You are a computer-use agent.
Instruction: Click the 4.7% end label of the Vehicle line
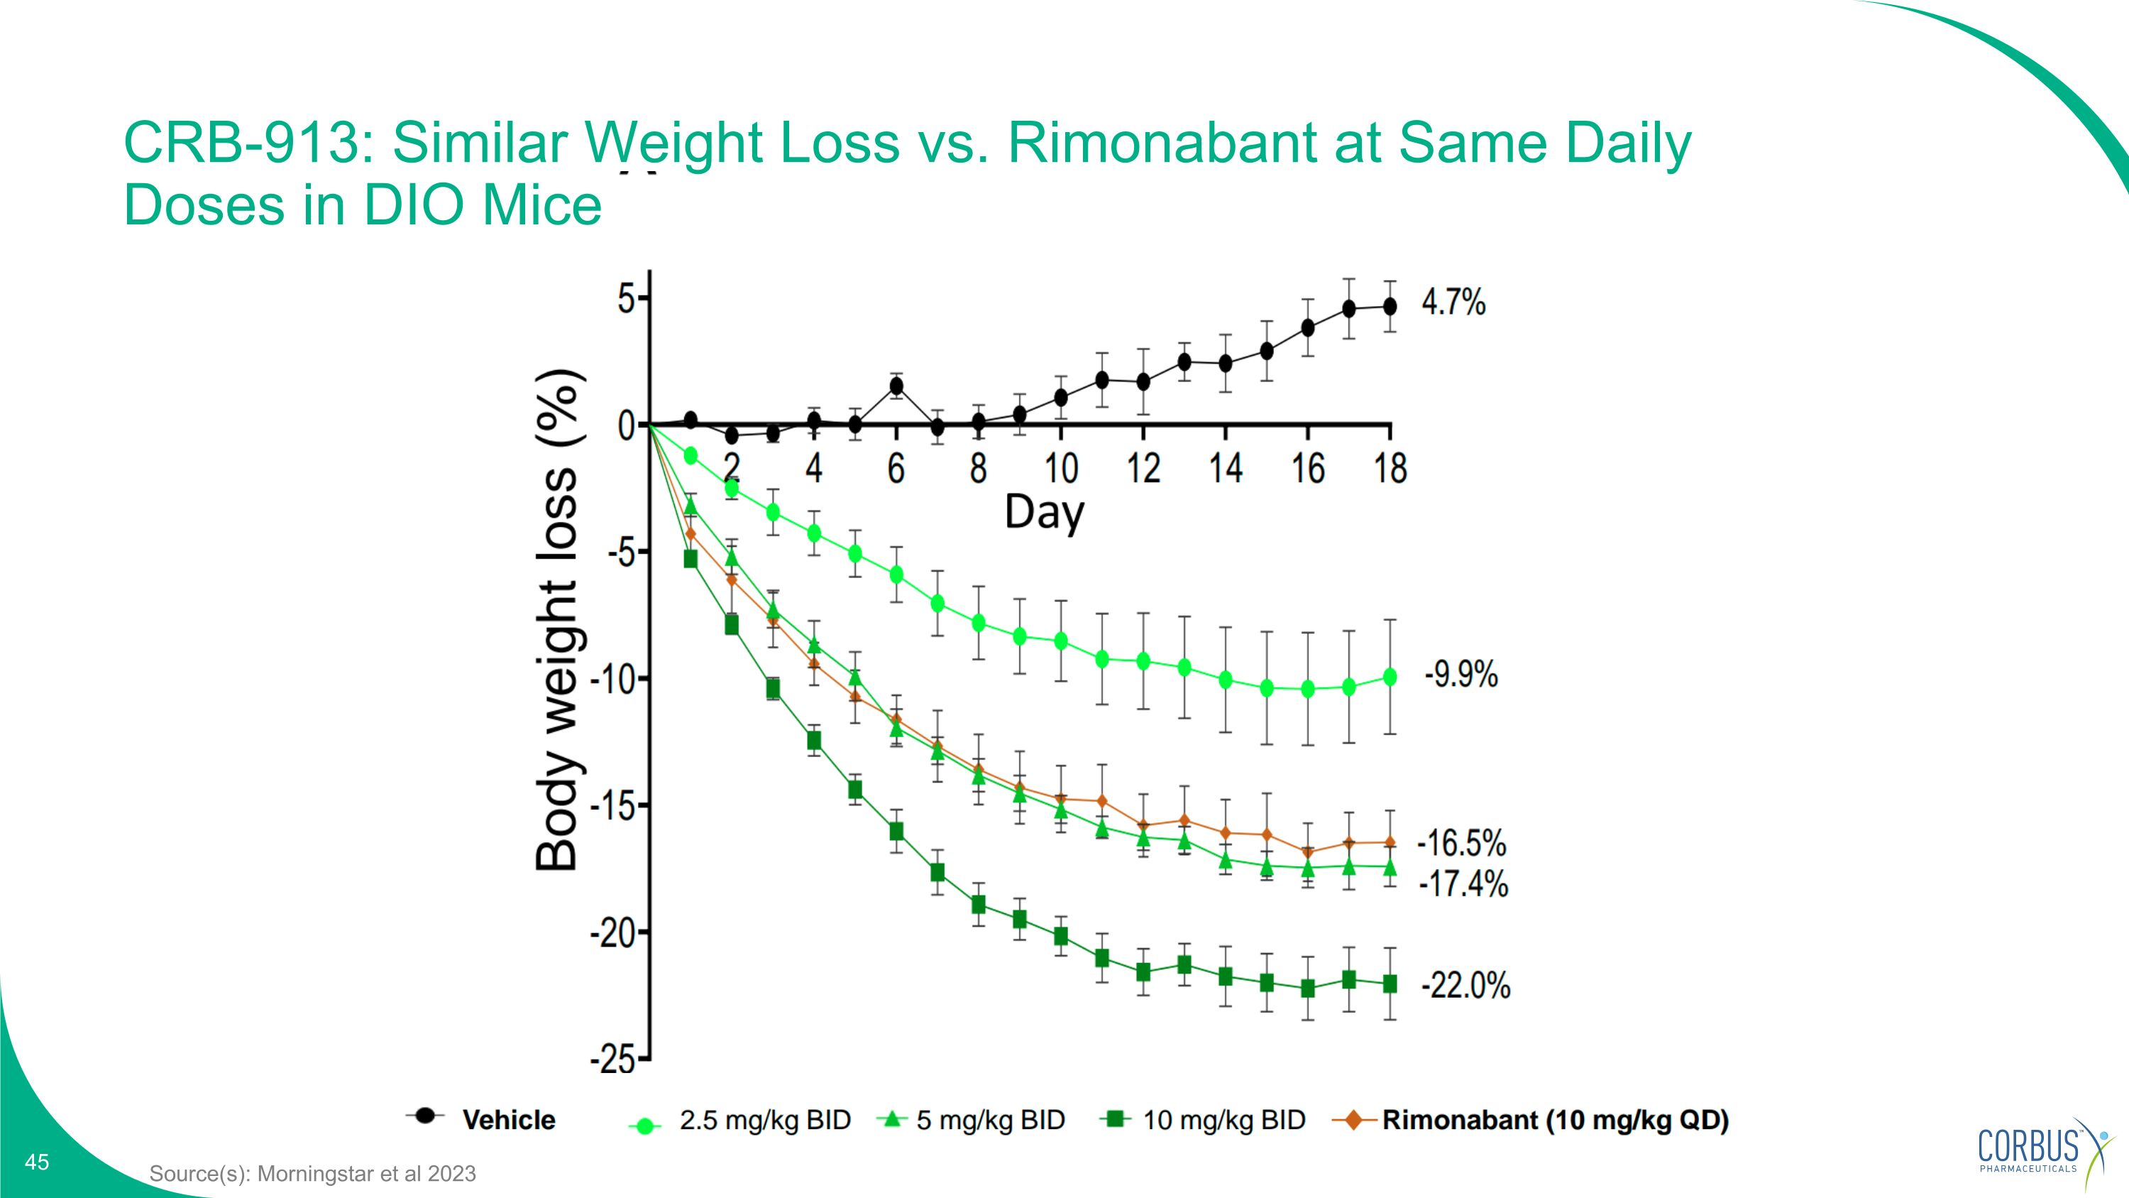[x=1453, y=303]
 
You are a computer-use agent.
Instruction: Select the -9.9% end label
[x=1460, y=675]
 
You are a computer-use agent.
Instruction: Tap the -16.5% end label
[x=1462, y=844]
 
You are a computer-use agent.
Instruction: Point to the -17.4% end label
[x=1463, y=884]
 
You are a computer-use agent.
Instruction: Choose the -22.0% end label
[x=1465, y=986]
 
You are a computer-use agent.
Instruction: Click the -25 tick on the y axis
[x=612, y=1060]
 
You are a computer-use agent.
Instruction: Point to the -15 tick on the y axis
[x=612, y=806]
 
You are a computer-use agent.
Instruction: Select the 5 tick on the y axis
[x=627, y=298]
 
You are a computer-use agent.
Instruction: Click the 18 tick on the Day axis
[x=1390, y=469]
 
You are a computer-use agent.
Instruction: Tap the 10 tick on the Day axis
[x=1060, y=469]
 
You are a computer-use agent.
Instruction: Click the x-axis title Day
[x=1044, y=512]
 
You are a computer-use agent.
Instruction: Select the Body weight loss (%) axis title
[x=557, y=620]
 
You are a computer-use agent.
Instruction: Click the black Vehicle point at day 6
[x=896, y=386]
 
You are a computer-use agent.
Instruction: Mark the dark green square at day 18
[x=1390, y=984]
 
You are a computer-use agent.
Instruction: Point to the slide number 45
[x=37, y=1162]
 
